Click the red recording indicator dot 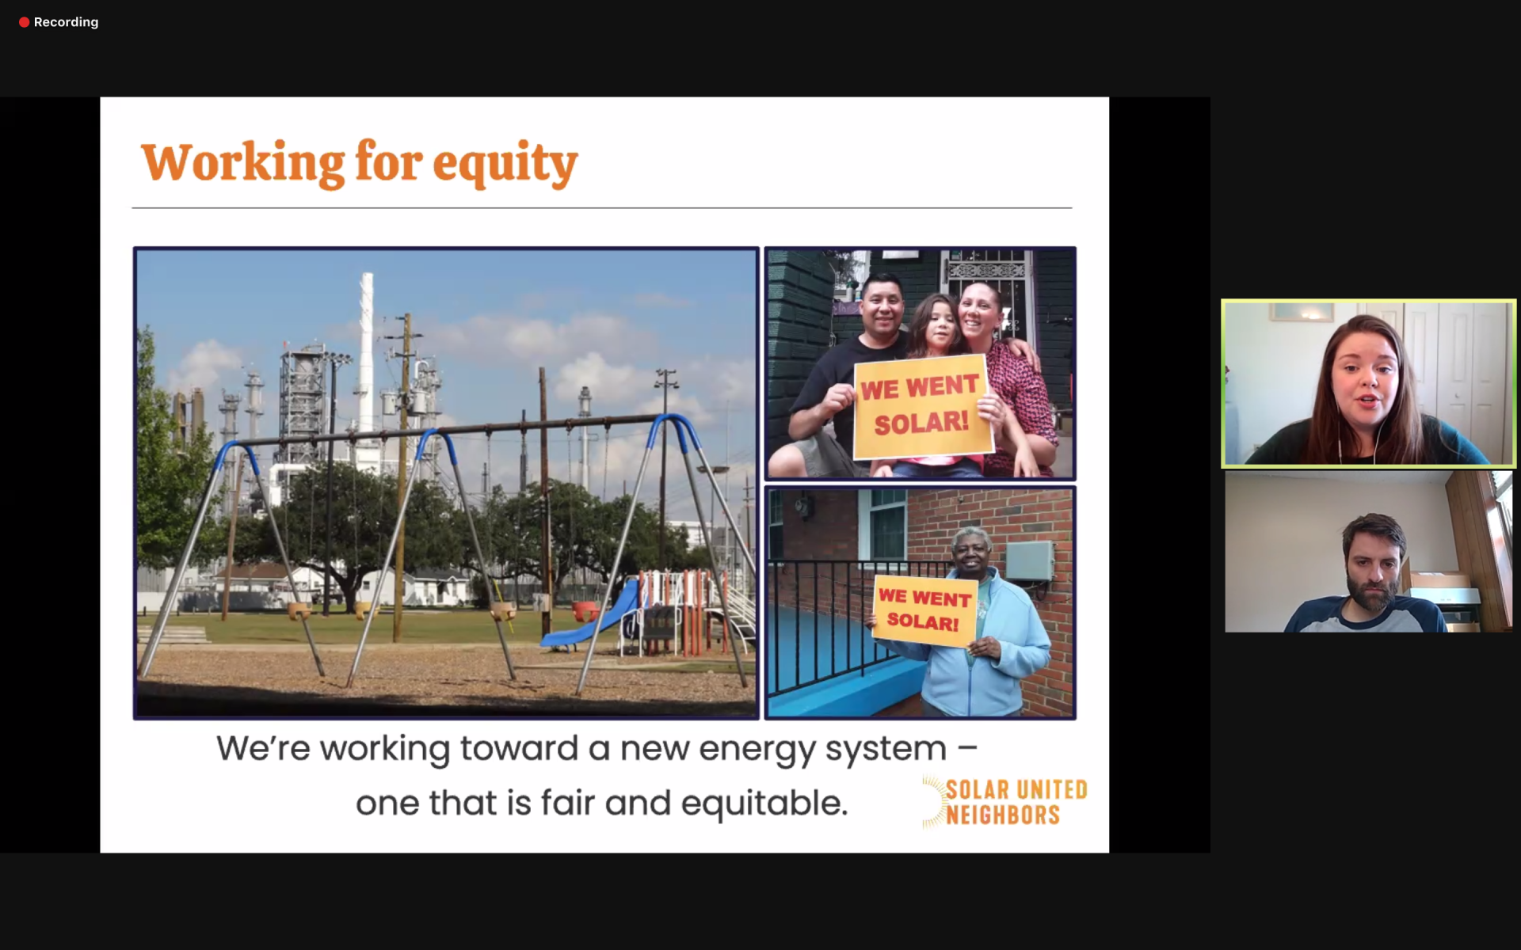tap(24, 22)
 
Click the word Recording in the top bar tap(66, 22)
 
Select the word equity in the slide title tap(505, 163)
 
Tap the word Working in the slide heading tap(242, 163)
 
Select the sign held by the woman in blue tap(925, 610)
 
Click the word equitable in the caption tap(764, 804)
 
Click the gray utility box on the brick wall tap(1029, 564)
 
